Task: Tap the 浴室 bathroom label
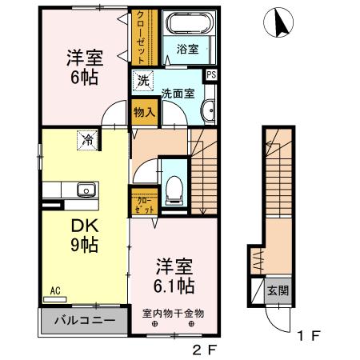point(186,49)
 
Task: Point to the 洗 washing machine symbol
point(142,80)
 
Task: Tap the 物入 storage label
point(143,113)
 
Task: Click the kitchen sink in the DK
point(86,190)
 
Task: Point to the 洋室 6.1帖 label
point(174,274)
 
